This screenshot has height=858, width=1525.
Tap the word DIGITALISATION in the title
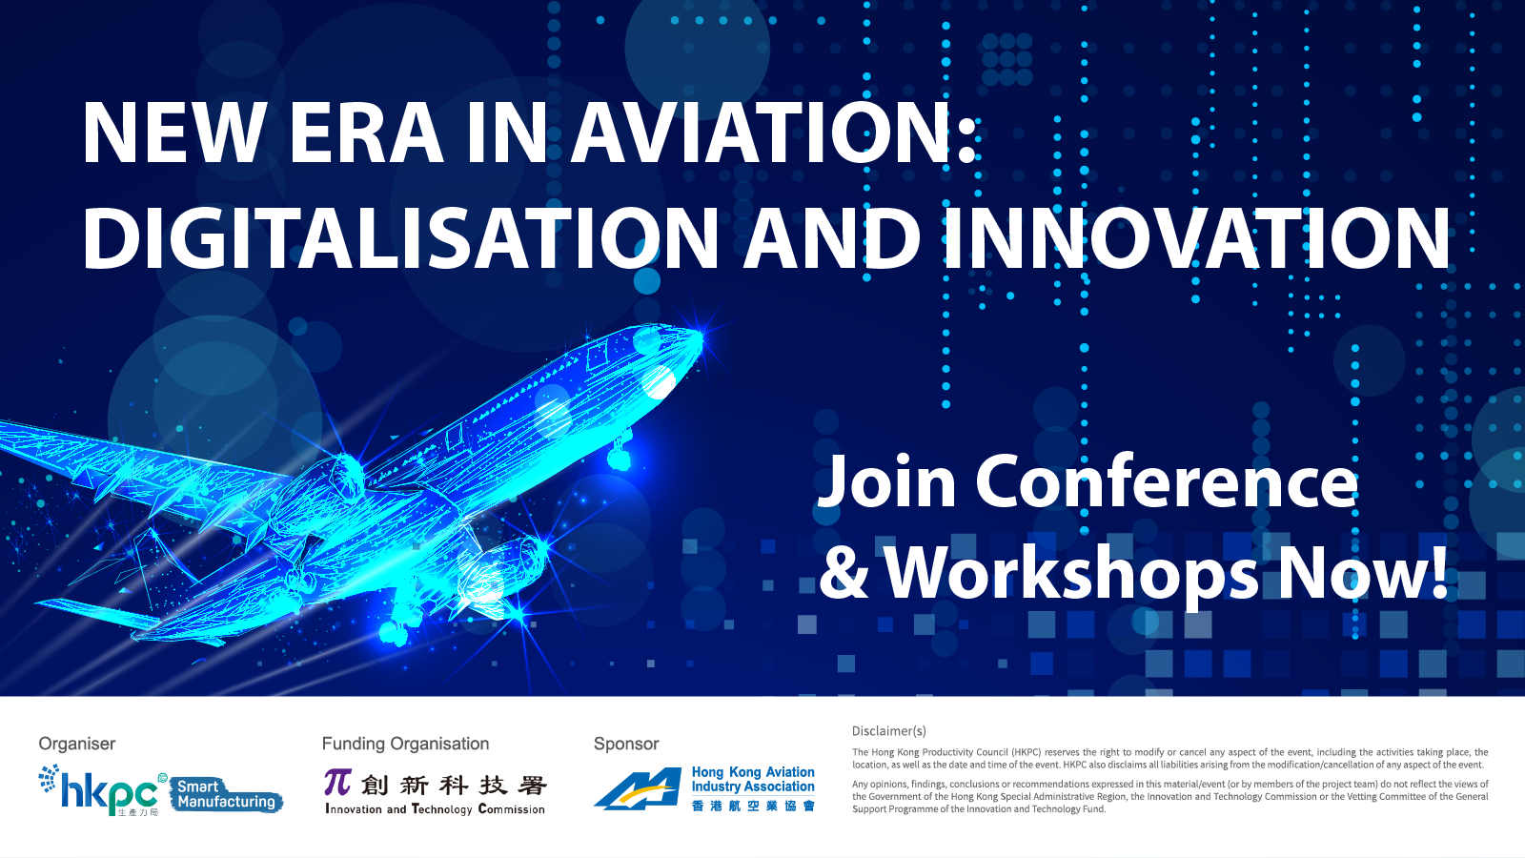(x=400, y=237)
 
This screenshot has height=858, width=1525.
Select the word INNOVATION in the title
(x=1197, y=237)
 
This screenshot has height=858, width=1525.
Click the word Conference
(x=1167, y=482)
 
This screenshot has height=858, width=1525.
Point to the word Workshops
(x=1071, y=573)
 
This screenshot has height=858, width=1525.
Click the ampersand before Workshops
(x=844, y=573)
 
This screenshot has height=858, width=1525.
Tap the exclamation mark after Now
(x=1438, y=572)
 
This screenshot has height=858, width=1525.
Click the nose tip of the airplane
(x=701, y=335)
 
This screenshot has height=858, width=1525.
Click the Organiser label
(x=77, y=744)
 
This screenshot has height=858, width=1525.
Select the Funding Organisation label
(x=405, y=744)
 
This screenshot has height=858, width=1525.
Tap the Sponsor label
(x=625, y=745)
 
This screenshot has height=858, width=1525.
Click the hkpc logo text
(x=109, y=793)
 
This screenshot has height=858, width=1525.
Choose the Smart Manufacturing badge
(x=226, y=794)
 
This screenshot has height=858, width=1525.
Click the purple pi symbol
(x=337, y=783)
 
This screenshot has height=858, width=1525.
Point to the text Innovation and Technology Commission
(x=435, y=809)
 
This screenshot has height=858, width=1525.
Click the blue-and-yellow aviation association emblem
(x=638, y=788)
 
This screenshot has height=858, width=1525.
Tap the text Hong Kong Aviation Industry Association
(x=753, y=779)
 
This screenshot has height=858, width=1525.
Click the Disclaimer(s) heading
(x=889, y=731)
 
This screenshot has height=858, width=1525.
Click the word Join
(x=886, y=482)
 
